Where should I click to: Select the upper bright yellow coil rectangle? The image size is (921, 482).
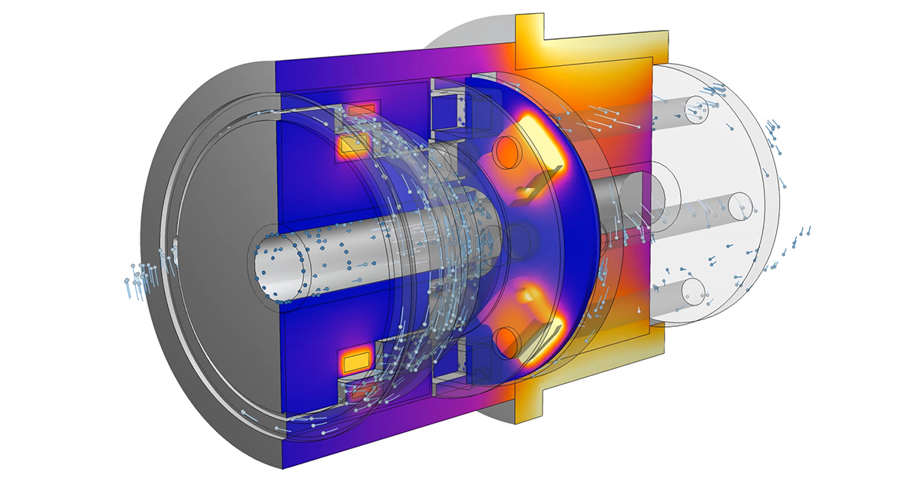(354, 144)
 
